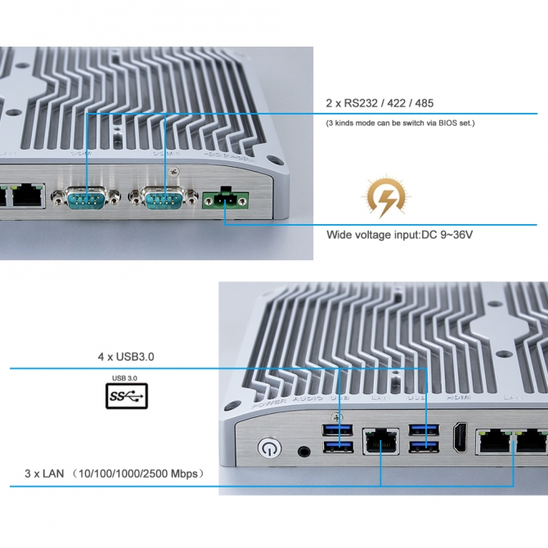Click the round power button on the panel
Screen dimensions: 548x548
pos(267,448)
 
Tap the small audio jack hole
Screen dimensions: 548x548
pos(305,450)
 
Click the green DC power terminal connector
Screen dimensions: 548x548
pos(224,199)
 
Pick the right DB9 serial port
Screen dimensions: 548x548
pos(164,199)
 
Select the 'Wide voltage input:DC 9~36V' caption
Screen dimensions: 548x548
pos(400,236)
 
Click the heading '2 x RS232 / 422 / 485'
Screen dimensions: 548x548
pos(380,103)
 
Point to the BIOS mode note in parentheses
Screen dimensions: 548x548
pos(400,123)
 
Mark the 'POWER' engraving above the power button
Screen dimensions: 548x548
pos(269,403)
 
